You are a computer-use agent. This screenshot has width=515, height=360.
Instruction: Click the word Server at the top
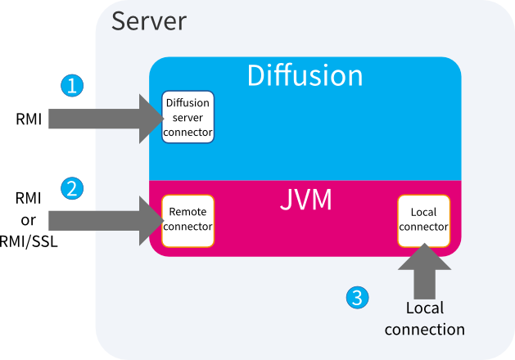click(148, 20)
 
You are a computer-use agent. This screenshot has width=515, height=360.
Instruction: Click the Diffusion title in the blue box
click(305, 76)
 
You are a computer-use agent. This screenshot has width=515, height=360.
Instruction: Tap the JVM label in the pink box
click(305, 200)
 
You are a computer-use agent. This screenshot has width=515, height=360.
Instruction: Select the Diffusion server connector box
click(187, 117)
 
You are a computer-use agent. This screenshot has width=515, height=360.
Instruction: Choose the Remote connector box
click(187, 220)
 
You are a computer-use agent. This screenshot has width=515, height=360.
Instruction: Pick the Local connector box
click(423, 220)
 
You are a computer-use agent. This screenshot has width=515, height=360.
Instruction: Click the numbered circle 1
click(73, 84)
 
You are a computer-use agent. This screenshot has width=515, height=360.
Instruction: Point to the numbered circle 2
click(73, 188)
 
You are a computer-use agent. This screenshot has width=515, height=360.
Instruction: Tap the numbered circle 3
click(355, 298)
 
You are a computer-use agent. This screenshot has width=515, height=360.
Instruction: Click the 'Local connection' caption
click(424, 319)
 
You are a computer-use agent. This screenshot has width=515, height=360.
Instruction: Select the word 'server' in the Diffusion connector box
click(187, 118)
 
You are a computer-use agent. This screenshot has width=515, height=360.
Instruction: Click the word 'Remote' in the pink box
click(187, 213)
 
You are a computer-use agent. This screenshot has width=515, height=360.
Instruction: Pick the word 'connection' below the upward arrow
click(424, 330)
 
